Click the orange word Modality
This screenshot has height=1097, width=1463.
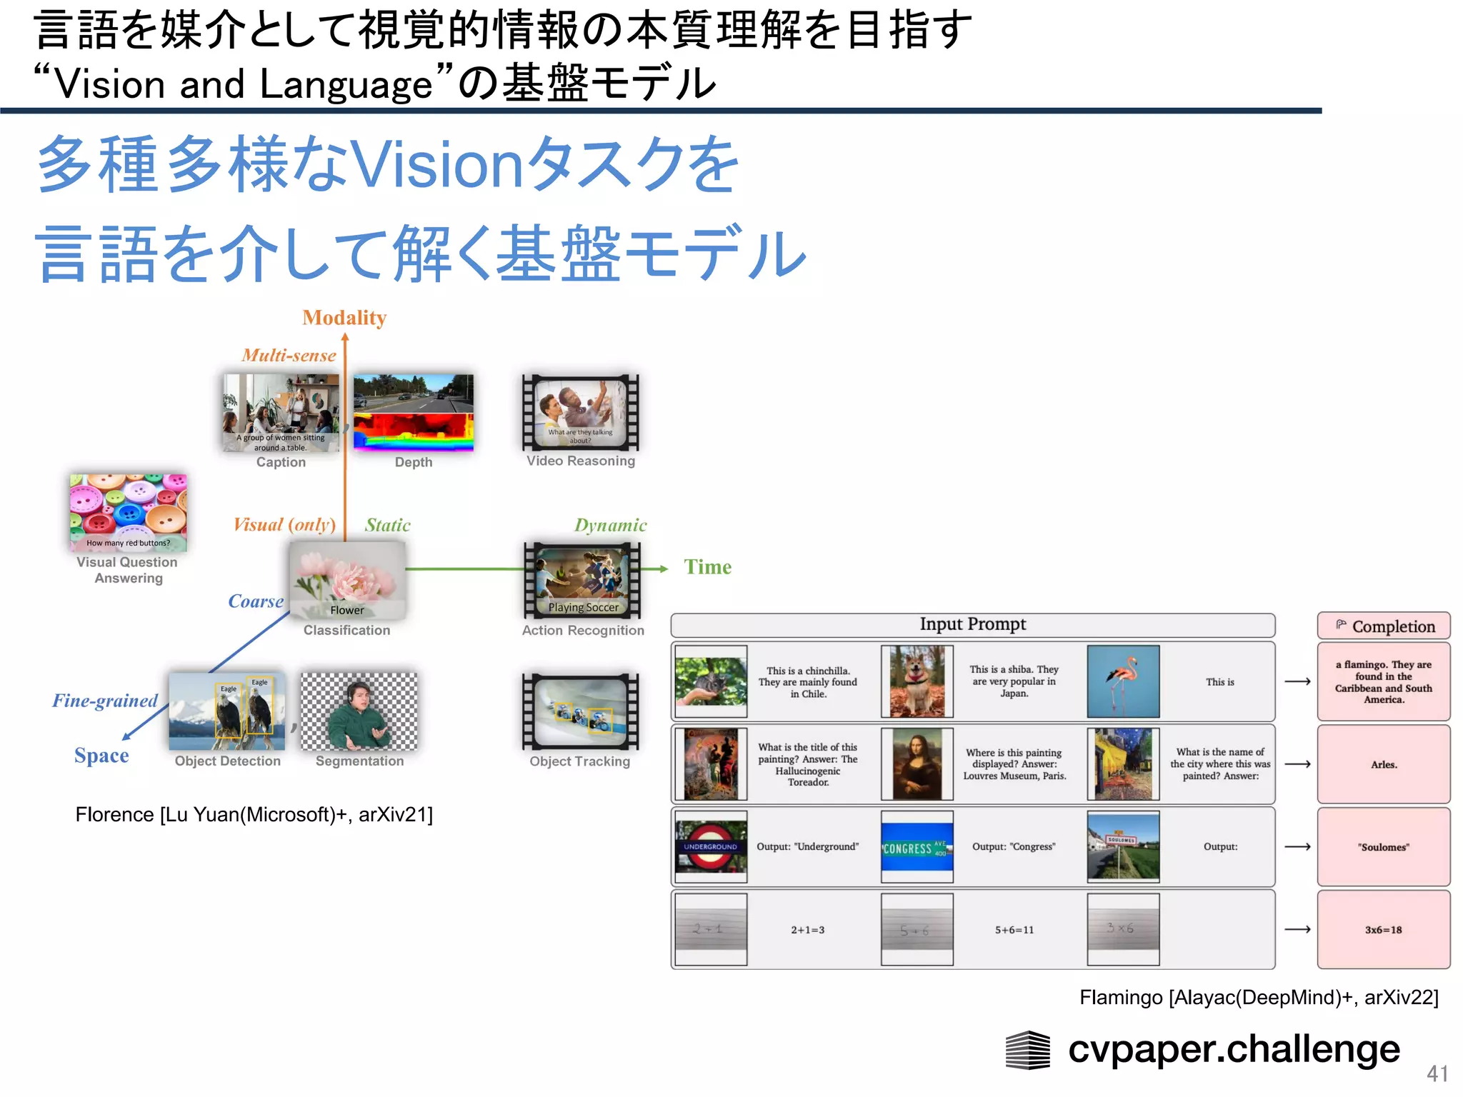click(x=344, y=318)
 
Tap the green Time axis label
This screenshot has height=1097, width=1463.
click(x=707, y=567)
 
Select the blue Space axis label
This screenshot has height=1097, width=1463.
click(x=101, y=756)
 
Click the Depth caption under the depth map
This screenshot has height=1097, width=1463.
click(x=414, y=462)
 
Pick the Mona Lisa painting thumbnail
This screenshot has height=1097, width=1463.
click(x=917, y=764)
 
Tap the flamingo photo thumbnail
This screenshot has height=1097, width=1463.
click(x=1123, y=681)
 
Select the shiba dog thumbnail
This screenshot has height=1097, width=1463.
click(x=917, y=681)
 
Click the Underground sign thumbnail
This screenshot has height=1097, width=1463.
click(x=711, y=847)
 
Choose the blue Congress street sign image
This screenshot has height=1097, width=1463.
click(x=917, y=847)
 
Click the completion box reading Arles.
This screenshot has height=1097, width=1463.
click(x=1384, y=764)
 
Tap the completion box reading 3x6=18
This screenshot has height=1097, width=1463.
click(x=1384, y=930)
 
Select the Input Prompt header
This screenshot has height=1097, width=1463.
click(x=972, y=625)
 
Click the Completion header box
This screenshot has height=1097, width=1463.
click(x=1384, y=626)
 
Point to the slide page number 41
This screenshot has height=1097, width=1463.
click(x=1437, y=1073)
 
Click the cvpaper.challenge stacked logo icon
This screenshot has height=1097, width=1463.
click(x=1027, y=1050)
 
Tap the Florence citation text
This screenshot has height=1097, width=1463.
click(x=254, y=815)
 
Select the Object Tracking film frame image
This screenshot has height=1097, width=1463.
click(x=580, y=712)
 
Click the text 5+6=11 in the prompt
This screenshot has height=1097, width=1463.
click(x=1014, y=930)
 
